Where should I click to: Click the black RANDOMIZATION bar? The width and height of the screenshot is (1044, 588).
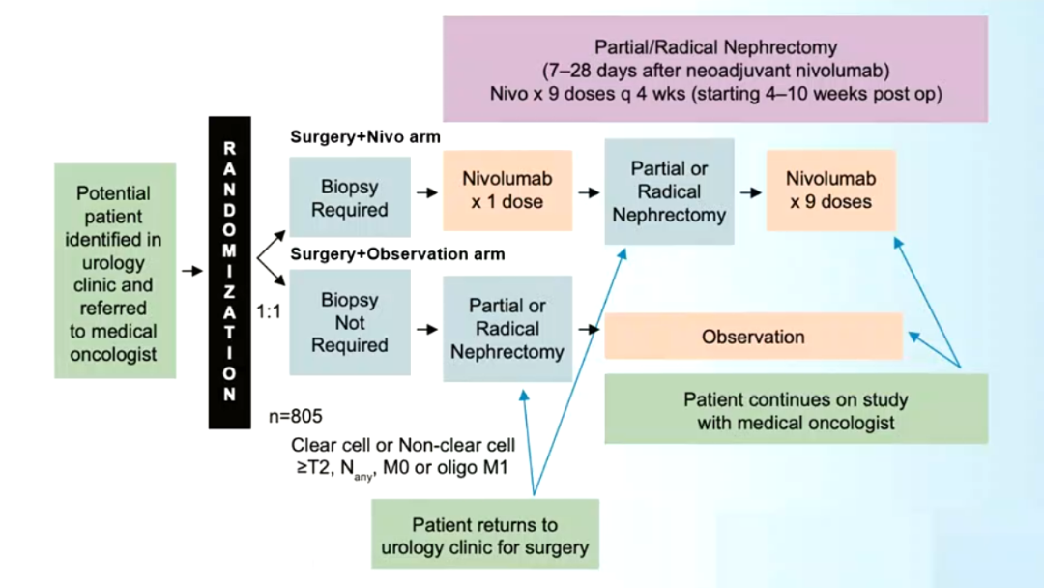coord(229,272)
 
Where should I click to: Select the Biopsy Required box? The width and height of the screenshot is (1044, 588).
coord(349,198)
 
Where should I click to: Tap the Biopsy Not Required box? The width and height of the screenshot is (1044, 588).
coord(349,322)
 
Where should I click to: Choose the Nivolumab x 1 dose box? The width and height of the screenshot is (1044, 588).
coord(507,191)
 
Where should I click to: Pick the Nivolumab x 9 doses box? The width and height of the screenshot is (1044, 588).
coord(829,191)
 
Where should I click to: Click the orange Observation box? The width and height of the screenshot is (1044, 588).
coord(753,337)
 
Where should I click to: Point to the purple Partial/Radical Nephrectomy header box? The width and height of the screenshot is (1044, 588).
coord(715,70)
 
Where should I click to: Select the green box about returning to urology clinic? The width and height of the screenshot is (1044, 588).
coord(484,536)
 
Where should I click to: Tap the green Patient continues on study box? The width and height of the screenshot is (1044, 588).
coord(796,410)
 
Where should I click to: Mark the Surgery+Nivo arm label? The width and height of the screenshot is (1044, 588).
coord(365,137)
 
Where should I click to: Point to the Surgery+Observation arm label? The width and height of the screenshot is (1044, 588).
coord(397,254)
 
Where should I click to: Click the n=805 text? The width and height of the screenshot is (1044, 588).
coord(296,417)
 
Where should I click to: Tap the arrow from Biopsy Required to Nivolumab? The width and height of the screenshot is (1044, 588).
coord(426,192)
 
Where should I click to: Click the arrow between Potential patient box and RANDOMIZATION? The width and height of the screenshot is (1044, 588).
coord(192,271)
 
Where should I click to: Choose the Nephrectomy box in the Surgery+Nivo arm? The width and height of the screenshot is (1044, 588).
coord(669,191)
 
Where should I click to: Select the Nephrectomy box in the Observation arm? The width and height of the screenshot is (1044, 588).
coord(507,329)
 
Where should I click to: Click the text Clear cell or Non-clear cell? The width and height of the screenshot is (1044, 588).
coord(403,446)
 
